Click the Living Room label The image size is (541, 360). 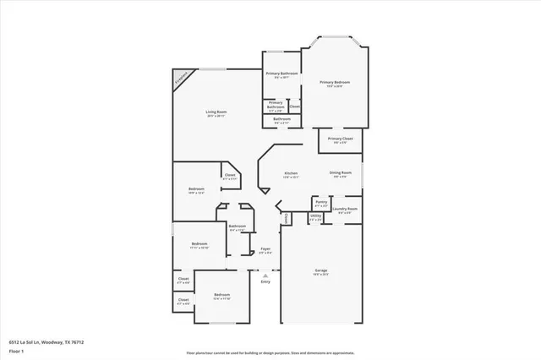tap(217, 112)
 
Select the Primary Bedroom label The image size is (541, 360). tap(335, 83)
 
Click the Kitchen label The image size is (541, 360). tap(291, 173)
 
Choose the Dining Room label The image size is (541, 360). tap(341, 173)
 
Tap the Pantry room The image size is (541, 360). tap(321, 203)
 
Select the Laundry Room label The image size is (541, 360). tap(346, 210)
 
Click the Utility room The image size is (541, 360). tap(315, 217)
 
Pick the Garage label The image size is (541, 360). tap(321, 271)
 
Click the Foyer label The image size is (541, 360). tap(265, 249)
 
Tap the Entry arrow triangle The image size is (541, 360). tap(265, 275)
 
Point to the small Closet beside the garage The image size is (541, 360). tap(287, 218)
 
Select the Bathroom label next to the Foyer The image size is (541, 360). tap(237, 226)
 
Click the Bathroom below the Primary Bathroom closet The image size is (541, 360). tap(281, 120)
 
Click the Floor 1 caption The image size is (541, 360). tap(17, 351)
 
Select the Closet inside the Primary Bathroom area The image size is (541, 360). tap(294, 106)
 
